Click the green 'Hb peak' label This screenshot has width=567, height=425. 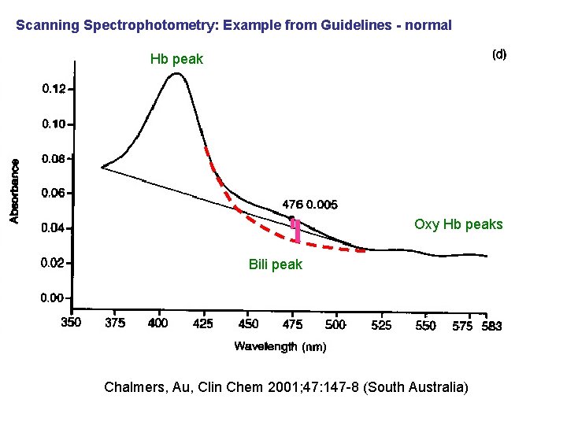point(176,59)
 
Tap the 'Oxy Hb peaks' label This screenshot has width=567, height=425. point(458,224)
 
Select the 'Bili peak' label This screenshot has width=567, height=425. point(275,264)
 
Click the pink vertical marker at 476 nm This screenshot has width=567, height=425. point(296,230)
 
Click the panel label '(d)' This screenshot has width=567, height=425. point(499,54)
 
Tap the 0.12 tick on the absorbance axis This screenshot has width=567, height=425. point(54,90)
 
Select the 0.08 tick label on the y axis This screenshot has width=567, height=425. point(54,158)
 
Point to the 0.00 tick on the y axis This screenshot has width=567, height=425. point(54,297)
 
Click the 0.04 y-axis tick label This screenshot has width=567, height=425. point(54,228)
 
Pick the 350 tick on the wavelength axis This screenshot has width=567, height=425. point(72,323)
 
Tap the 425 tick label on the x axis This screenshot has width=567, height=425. point(204,323)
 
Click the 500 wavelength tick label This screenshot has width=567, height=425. point(335,323)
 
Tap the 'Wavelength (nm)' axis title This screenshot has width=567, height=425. point(280,346)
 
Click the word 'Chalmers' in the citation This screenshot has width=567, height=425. point(132,387)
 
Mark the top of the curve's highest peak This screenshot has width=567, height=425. point(177,74)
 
